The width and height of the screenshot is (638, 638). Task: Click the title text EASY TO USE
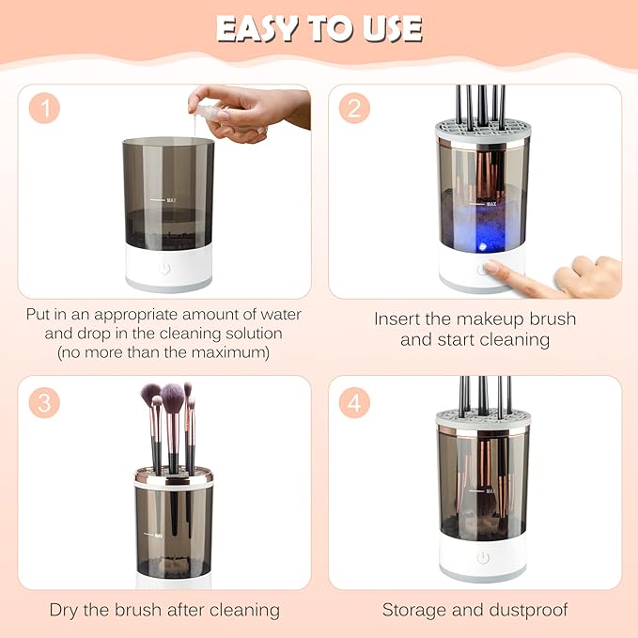[319, 28]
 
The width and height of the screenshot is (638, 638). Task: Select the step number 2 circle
[353, 108]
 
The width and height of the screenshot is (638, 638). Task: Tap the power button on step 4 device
[483, 557]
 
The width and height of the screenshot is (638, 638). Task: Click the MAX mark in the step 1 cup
[172, 200]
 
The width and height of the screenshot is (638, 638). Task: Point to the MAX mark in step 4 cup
[490, 490]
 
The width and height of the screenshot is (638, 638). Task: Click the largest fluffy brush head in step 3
[172, 401]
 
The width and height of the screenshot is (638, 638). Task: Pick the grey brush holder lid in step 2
[483, 132]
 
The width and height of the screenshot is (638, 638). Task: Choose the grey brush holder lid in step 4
[483, 422]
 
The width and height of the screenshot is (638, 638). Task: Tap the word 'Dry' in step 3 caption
[66, 610]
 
